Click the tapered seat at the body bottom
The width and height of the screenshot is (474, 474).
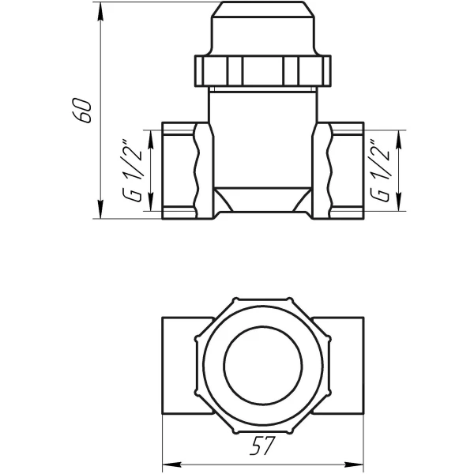point(264,197)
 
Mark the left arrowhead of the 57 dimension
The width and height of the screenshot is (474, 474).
point(167,462)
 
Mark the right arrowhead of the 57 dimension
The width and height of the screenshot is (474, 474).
point(360,462)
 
